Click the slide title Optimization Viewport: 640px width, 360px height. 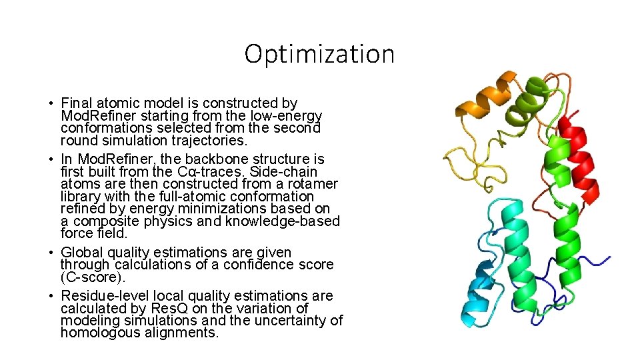pos(319,54)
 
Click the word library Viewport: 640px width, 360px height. pos(81,197)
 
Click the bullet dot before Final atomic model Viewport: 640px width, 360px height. pos(51,104)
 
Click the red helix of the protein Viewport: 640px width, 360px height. pos(579,160)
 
